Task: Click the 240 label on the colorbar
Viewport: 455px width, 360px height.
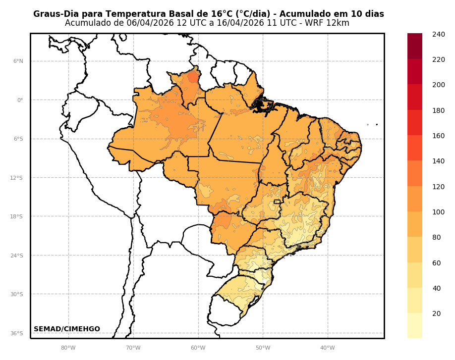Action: [438, 34]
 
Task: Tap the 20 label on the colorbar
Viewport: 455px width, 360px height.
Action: [436, 313]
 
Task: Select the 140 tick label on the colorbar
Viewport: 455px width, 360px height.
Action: [438, 161]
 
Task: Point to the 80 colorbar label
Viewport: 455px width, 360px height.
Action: [436, 237]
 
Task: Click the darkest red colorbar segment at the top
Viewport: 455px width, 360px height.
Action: [415, 46]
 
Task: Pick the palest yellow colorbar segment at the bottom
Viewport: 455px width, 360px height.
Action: [415, 326]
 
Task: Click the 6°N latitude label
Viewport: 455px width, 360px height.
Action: [18, 61]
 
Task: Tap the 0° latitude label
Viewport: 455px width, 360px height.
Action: [20, 100]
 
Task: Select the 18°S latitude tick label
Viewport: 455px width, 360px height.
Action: [16, 217]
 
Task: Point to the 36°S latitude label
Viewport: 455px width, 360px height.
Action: [16, 334]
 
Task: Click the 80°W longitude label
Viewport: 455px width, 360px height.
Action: [68, 348]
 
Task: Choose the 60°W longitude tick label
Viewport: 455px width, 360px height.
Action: [198, 348]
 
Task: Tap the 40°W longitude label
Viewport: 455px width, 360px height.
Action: [327, 348]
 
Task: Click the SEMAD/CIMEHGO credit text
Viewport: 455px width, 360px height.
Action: [67, 329]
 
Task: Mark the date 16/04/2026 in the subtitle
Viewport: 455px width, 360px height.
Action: [241, 23]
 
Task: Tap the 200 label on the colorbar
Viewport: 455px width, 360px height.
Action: [438, 85]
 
